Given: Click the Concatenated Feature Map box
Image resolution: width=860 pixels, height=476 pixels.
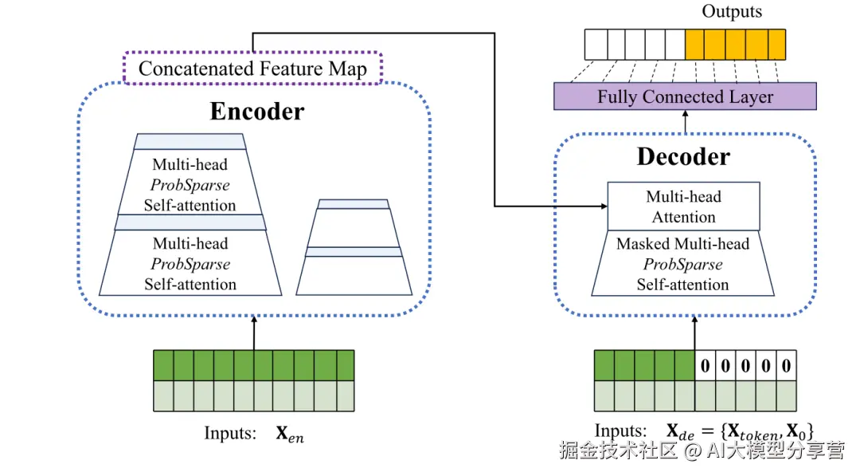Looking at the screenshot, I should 253,69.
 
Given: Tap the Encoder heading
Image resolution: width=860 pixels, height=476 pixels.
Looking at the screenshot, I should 256,112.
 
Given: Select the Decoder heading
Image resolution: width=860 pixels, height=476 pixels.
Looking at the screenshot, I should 682,156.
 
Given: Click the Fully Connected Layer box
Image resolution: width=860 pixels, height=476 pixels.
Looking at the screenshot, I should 685,97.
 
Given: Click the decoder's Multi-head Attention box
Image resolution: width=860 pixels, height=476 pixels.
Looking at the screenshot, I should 683,207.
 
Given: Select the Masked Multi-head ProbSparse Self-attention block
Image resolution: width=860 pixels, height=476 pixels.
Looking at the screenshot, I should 682,264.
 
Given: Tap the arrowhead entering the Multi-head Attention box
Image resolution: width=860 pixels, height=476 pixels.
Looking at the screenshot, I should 601,207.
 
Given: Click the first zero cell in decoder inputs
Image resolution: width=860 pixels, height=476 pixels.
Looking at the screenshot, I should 705,366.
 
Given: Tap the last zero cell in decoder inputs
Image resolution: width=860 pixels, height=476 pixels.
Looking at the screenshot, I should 786,366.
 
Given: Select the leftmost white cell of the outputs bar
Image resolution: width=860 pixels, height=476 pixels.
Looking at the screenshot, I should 594,45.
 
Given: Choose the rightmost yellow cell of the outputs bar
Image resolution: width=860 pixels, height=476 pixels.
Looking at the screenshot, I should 776,45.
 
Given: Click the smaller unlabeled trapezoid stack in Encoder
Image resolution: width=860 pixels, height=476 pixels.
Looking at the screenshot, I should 354,248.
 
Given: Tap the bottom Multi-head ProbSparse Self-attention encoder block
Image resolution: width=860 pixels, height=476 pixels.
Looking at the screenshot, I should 190,264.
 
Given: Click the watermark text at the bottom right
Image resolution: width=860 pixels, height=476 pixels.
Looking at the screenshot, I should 702,451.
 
